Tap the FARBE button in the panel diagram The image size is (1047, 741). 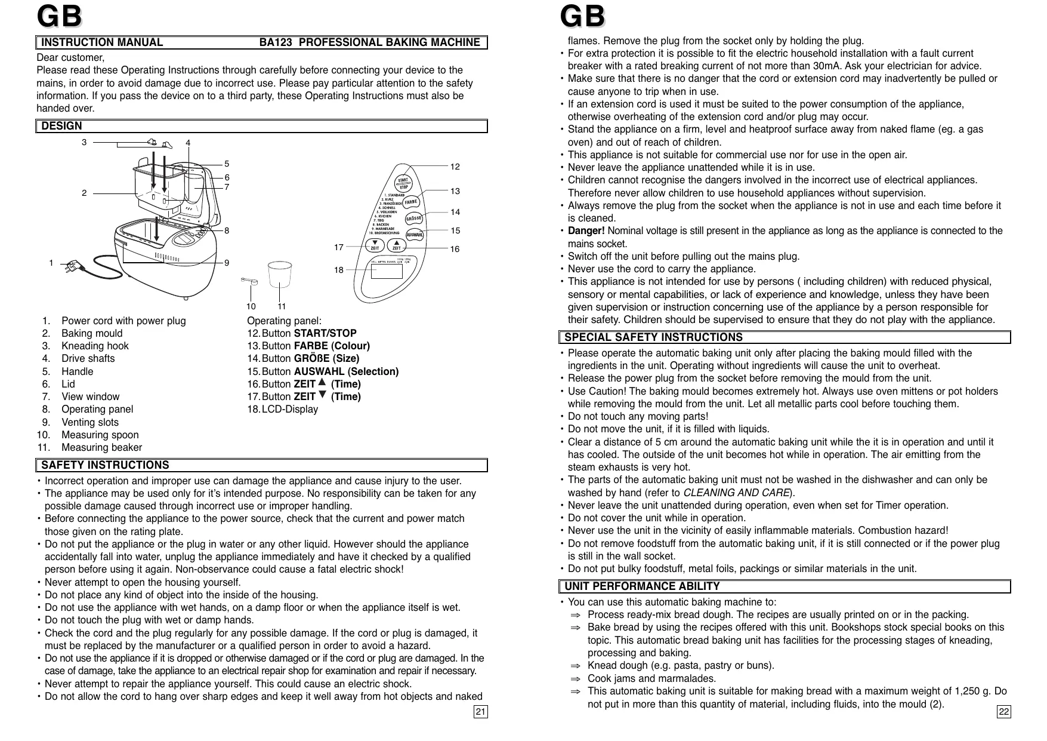pos(411,202)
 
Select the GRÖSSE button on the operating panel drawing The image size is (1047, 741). pos(414,219)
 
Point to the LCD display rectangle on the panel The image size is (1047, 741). pos(387,270)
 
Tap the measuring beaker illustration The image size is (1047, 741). pos(279,275)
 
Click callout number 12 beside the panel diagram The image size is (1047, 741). pos(455,167)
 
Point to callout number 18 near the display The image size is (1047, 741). pos(339,270)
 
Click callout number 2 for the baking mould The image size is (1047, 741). pos(84,193)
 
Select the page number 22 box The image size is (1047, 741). pos(1004,712)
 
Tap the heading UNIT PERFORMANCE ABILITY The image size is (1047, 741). pos(642,586)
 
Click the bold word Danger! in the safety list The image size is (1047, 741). pos(586,231)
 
